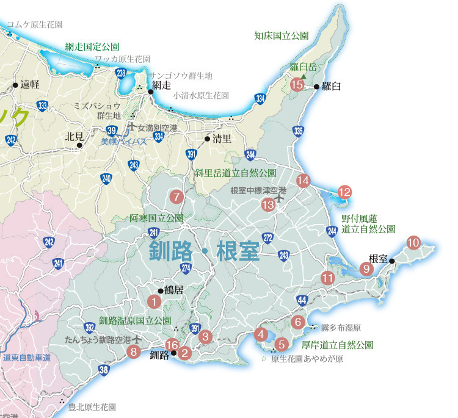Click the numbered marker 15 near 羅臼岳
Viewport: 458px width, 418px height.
tap(297, 85)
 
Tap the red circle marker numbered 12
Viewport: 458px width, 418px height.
tap(344, 192)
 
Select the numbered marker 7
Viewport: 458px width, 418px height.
tap(176, 196)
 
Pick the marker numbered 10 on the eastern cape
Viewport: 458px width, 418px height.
tap(413, 242)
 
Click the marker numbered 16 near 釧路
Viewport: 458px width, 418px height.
tap(172, 344)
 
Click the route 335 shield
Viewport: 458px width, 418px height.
tap(299, 131)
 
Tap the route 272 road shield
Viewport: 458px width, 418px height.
tap(267, 237)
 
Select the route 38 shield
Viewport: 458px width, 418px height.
tap(104, 369)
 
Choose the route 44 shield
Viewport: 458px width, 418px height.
tap(302, 300)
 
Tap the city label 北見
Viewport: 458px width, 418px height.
tap(73, 137)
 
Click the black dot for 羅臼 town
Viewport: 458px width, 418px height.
tap(316, 87)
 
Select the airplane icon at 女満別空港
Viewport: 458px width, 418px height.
tap(131, 128)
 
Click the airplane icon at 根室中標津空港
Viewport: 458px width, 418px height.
tap(280, 198)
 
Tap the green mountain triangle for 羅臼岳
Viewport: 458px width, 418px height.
tap(304, 76)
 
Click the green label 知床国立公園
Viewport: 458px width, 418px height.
tap(282, 35)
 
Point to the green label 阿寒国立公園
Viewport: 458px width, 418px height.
tap(156, 218)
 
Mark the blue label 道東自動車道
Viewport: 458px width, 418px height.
tap(26, 358)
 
